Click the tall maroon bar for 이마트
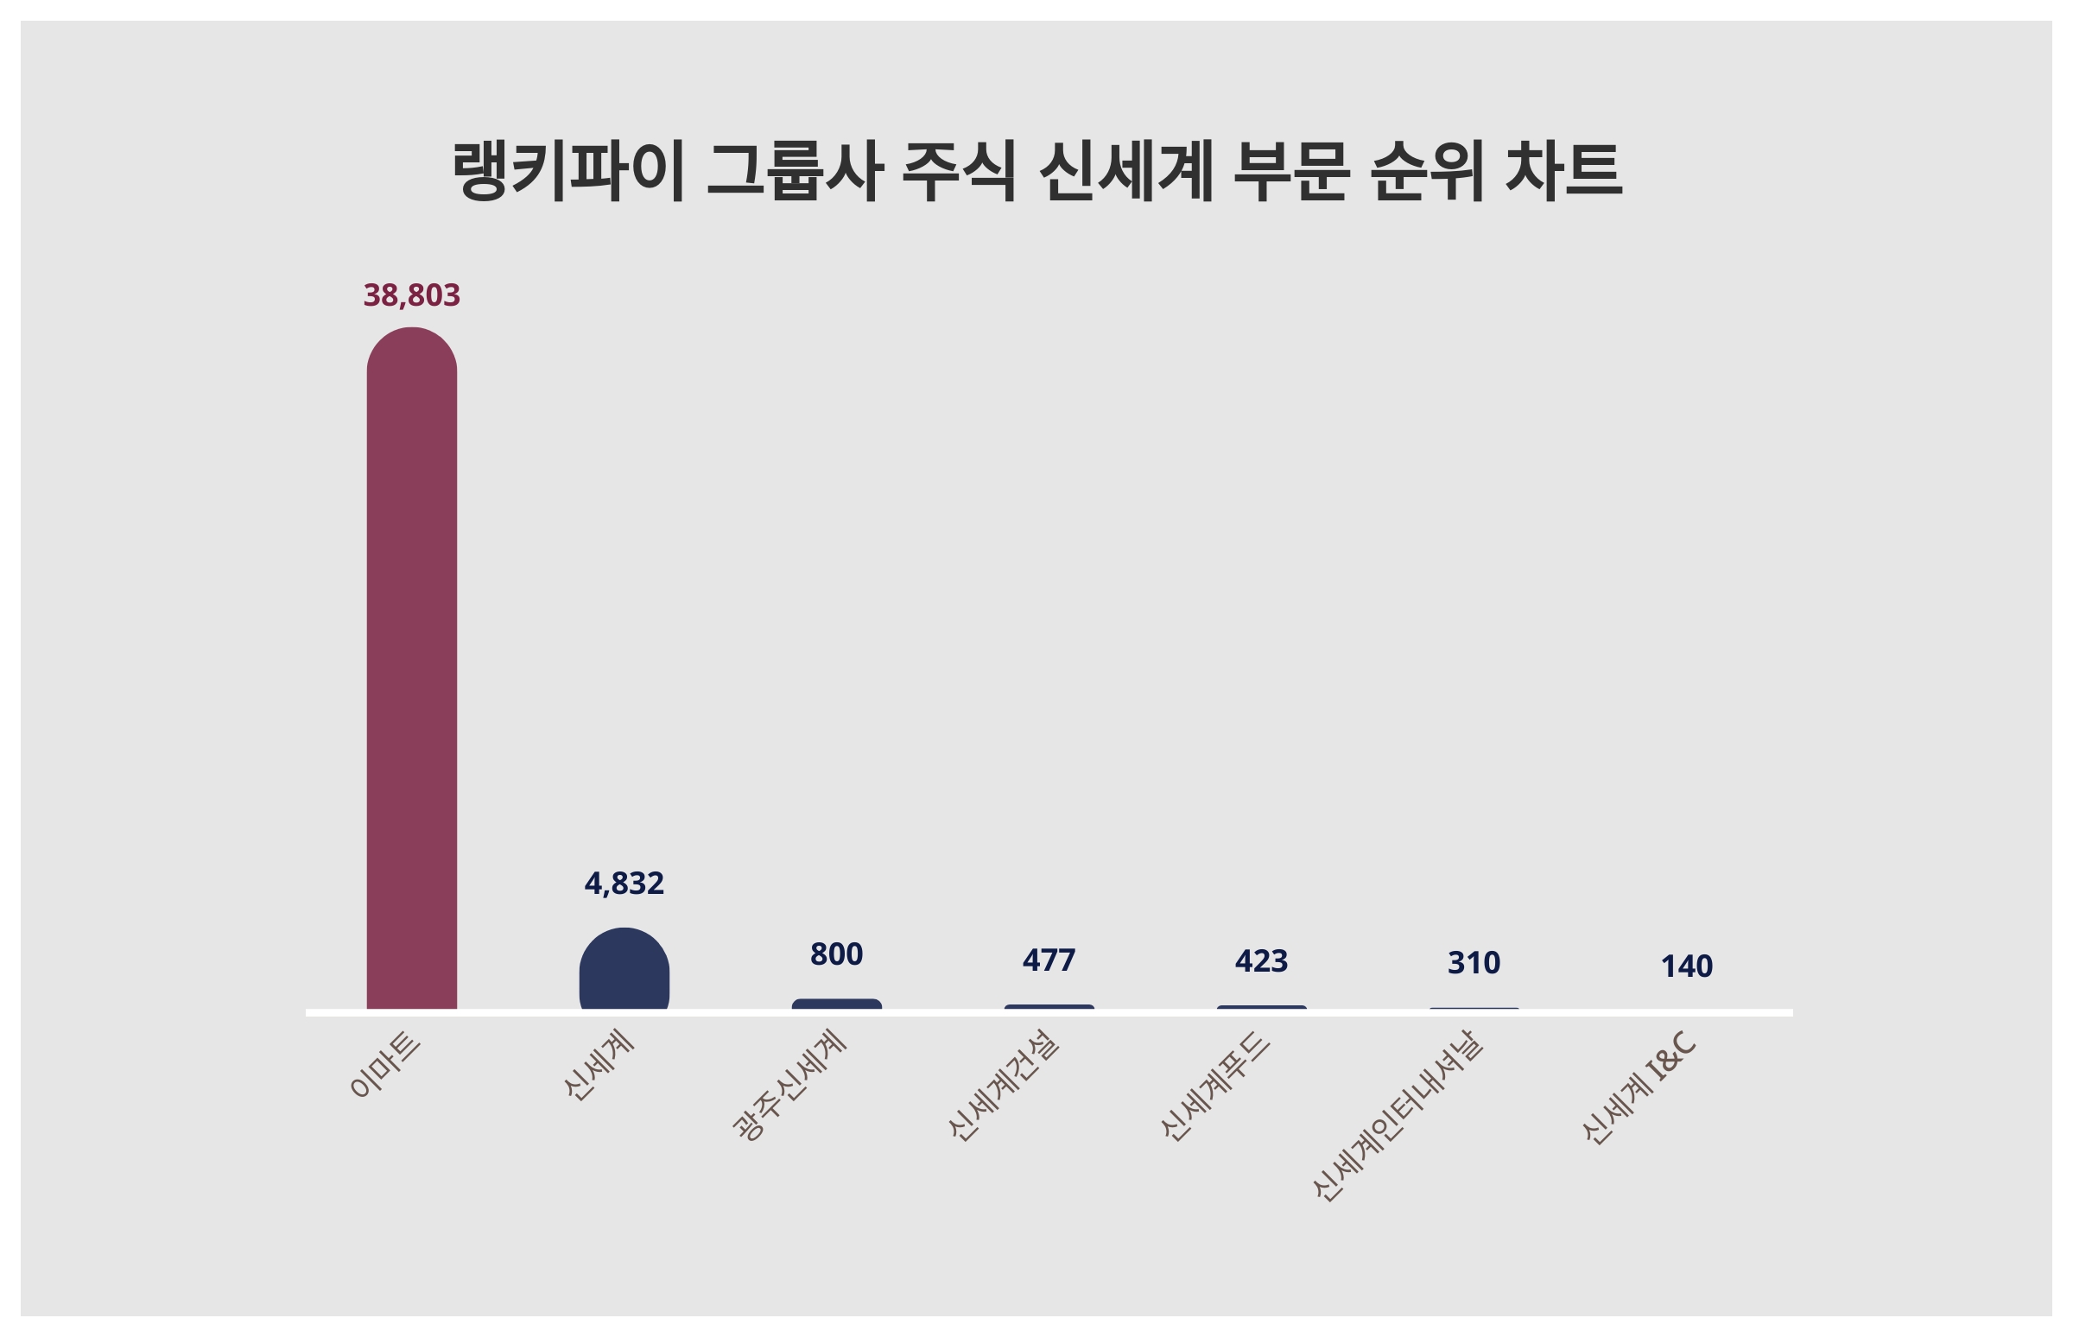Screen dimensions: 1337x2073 tap(411, 668)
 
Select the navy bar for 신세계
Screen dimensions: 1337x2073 tap(624, 970)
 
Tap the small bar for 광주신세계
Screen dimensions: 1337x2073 tap(836, 1004)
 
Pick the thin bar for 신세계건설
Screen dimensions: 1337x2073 tap(1049, 1007)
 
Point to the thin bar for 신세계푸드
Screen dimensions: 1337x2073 tap(1261, 1008)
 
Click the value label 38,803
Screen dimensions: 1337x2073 tap(411, 295)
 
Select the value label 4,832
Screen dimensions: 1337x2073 tap(624, 884)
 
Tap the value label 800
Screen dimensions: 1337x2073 tap(836, 955)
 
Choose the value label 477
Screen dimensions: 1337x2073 tap(1049, 960)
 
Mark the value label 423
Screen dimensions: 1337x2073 tap(1261, 961)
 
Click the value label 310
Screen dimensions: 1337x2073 tap(1474, 963)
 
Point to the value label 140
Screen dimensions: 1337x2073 tap(1686, 966)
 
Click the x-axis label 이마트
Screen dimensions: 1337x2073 tap(385, 1067)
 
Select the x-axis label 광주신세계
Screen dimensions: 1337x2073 tap(790, 1084)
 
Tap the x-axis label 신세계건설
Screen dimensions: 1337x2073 tap(1004, 1085)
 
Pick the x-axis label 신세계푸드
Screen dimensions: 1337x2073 tap(1215, 1085)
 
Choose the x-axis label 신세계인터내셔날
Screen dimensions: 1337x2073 tap(1398, 1116)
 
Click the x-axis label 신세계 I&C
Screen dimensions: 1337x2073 tap(1639, 1088)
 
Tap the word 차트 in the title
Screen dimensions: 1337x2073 tap(1563, 169)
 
